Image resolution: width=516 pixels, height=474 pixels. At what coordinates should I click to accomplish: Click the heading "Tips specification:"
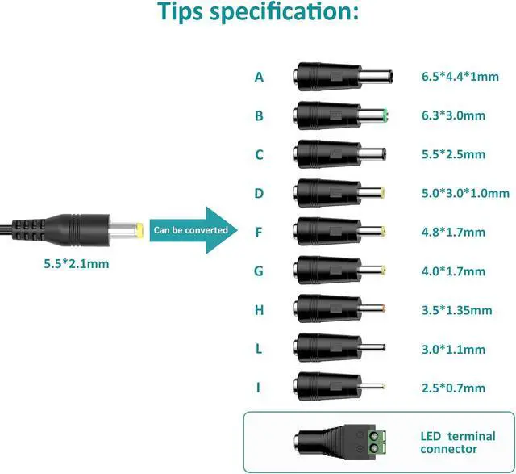pyautogui.click(x=258, y=13)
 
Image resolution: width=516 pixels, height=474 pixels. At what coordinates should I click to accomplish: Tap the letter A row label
pyautogui.click(x=259, y=77)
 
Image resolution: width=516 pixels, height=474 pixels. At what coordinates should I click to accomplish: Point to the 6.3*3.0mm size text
pyautogui.click(x=453, y=115)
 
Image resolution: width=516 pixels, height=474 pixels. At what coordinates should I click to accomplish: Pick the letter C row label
pyautogui.click(x=259, y=154)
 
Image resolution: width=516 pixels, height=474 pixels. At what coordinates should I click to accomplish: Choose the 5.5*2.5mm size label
pyautogui.click(x=453, y=154)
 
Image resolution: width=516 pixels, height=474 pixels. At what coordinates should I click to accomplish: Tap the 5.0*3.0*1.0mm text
pyautogui.click(x=465, y=193)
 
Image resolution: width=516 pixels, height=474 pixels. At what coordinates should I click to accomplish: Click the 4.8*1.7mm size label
pyautogui.click(x=453, y=233)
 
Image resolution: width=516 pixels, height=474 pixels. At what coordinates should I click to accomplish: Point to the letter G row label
pyautogui.click(x=259, y=271)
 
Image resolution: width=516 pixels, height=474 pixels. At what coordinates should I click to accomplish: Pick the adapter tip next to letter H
pyautogui.click(x=340, y=309)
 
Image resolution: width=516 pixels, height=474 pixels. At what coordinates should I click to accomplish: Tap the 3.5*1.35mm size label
pyautogui.click(x=456, y=310)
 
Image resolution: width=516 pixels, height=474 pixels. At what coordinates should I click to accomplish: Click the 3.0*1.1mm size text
pyautogui.click(x=453, y=350)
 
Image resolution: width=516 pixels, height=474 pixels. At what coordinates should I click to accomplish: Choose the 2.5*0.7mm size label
pyautogui.click(x=453, y=388)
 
